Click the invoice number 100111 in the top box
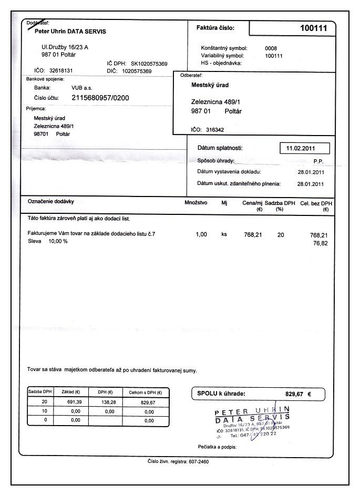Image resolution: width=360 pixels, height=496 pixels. pyautogui.click(x=313, y=28)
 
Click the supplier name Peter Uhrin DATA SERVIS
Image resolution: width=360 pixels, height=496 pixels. pyautogui.click(x=70, y=32)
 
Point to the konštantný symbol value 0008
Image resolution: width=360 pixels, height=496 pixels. pyautogui.click(x=271, y=48)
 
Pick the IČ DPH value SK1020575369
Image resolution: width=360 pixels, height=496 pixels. pyautogui.click(x=149, y=64)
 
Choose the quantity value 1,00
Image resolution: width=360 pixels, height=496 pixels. pyautogui.click(x=201, y=235)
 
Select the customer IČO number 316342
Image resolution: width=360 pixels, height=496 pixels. pyautogui.click(x=214, y=129)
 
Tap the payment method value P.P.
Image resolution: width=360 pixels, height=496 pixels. pyautogui.click(x=317, y=161)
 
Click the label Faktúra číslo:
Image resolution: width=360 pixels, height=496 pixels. pyautogui.click(x=215, y=28)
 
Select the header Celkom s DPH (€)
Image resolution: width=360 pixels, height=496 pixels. pyautogui.click(x=145, y=392)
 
